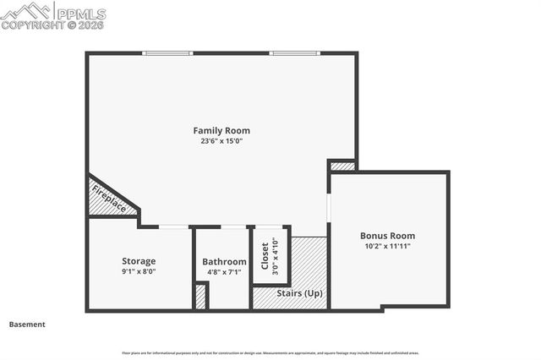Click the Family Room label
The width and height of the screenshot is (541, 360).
point(221,130)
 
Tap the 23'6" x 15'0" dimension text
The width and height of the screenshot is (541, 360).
point(221,141)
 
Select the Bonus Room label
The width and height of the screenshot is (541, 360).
point(387,236)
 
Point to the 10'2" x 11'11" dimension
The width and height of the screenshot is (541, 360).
point(387,247)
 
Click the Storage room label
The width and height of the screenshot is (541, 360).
point(139,261)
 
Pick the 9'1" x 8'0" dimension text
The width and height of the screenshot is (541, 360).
point(139,272)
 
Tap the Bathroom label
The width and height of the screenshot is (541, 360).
point(224,262)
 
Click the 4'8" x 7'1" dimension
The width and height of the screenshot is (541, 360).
point(224,272)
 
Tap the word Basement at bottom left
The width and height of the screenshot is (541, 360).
point(27,325)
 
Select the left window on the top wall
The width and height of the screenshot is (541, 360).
point(168,53)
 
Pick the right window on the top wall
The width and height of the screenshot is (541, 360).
point(294,53)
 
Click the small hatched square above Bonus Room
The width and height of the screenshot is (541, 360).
point(342,166)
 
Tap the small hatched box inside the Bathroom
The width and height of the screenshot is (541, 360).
point(200,297)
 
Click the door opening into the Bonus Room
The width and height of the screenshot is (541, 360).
point(329,206)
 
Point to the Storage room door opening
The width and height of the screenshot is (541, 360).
point(174,226)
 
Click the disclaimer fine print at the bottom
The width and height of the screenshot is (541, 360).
point(270,353)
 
